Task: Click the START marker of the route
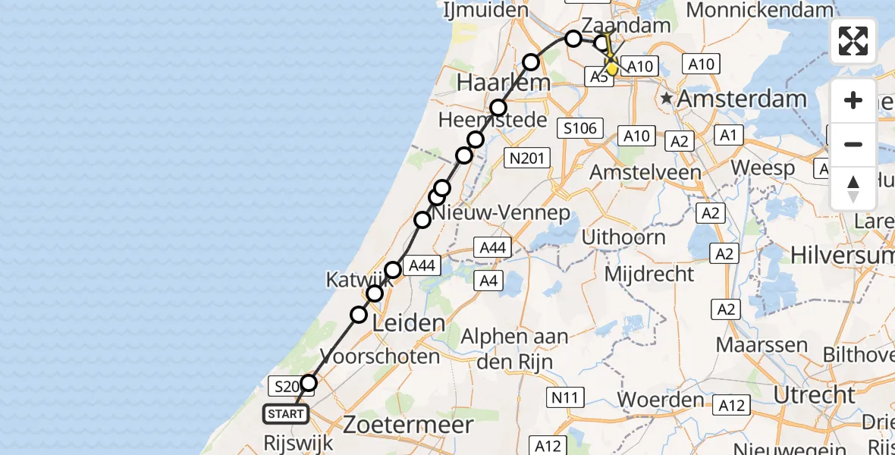click(286, 414)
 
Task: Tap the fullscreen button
click(853, 41)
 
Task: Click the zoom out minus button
click(853, 144)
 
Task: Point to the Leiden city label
click(410, 324)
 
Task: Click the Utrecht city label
click(813, 394)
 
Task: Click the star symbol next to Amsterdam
click(667, 99)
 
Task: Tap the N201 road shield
click(526, 157)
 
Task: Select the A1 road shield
click(729, 136)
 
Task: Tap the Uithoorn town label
click(623, 237)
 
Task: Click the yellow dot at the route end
click(612, 69)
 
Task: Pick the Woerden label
click(661, 400)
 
